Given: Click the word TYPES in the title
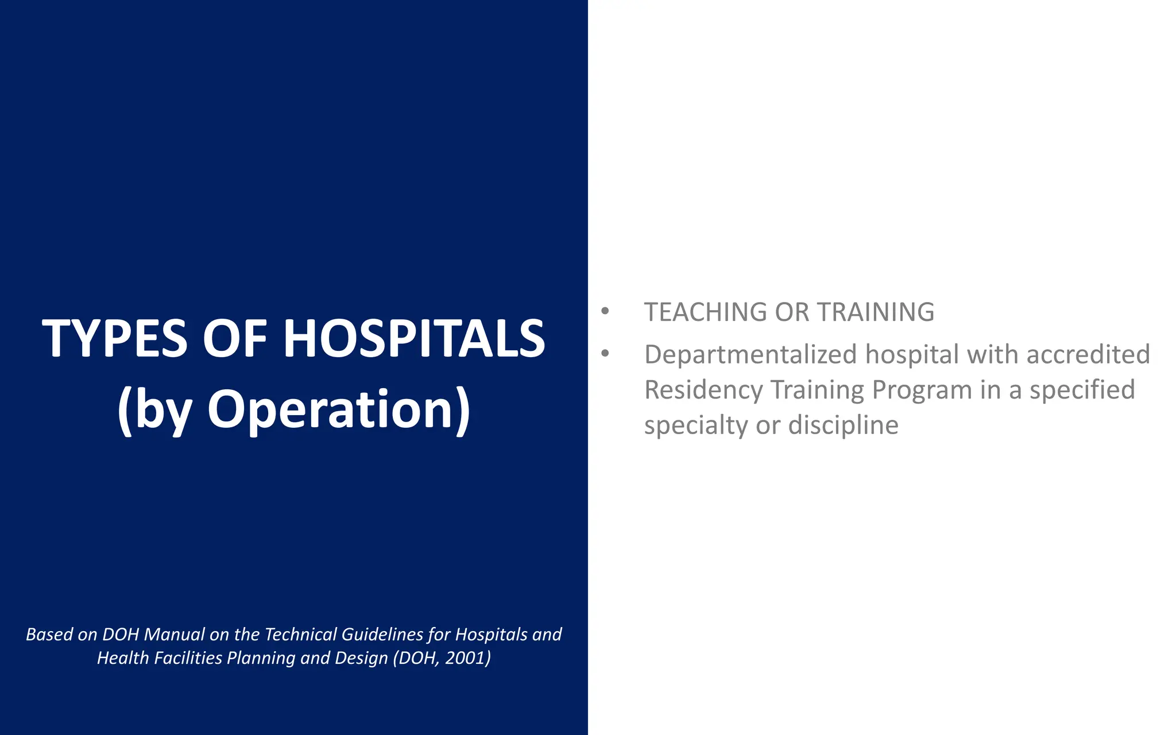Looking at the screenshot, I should point(114,339).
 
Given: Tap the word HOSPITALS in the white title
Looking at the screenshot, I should point(414,339).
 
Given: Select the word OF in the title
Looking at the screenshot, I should point(235,339).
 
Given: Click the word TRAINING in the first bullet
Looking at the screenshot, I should point(876,312).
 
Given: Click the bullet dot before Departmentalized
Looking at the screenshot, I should point(605,354).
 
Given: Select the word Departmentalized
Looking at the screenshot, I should point(750,354).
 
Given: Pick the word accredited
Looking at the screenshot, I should point(1088,354).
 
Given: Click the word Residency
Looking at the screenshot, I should point(703,390).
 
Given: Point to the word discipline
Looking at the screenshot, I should point(843,425).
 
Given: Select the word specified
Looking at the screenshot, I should point(1082,390).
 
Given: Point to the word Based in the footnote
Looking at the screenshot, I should point(49,635).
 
